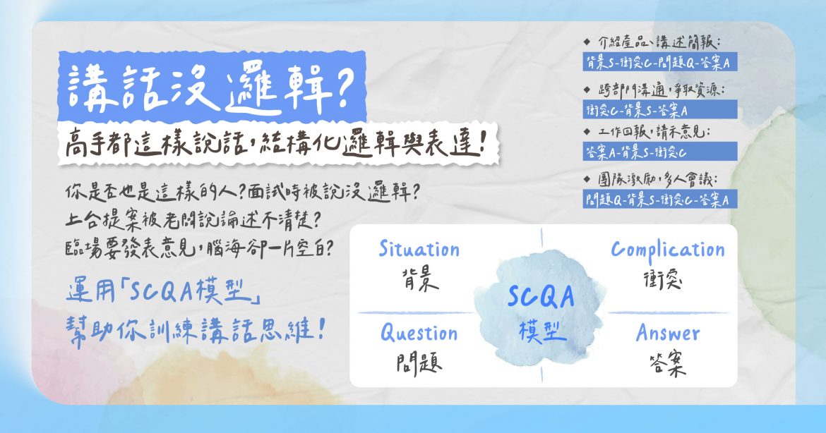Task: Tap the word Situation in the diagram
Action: click(x=419, y=250)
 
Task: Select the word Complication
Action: click(x=667, y=250)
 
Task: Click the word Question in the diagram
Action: click(x=419, y=333)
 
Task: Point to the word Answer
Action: click(x=667, y=333)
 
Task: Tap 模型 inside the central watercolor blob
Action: click(x=541, y=330)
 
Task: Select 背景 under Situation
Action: click(x=419, y=279)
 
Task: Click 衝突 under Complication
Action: click(x=667, y=279)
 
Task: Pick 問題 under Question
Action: click(x=419, y=364)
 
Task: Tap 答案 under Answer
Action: click(x=667, y=364)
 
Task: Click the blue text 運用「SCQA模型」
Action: click(x=164, y=291)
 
